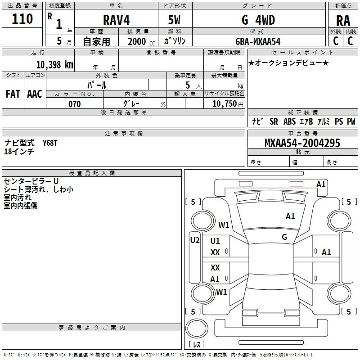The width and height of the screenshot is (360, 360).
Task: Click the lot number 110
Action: pos(23,19)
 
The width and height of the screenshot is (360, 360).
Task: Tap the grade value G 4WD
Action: pos(258,20)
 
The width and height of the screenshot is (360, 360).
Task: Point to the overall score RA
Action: pos(343,21)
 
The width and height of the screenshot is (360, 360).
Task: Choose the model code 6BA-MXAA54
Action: pos(258,41)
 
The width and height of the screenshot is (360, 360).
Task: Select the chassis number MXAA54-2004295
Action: pos(302,144)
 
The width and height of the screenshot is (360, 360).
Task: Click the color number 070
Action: pos(74,104)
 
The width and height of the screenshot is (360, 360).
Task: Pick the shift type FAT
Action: pos(13,94)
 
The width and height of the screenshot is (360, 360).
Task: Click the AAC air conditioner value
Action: pos(35,94)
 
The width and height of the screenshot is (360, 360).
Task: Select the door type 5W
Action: pos(175,20)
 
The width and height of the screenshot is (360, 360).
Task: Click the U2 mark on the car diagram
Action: pos(194,240)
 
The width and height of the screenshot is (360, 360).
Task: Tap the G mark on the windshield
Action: pos(284,237)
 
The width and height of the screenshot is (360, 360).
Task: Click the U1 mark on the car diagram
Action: pos(215,241)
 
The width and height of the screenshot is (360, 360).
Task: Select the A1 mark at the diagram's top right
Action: pos(321,184)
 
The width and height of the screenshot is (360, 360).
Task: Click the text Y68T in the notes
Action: pos(50,143)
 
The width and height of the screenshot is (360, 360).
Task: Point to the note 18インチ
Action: pos(19,152)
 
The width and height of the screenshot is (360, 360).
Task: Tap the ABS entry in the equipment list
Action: pos(290,121)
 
